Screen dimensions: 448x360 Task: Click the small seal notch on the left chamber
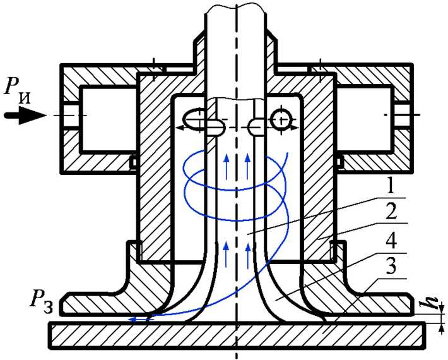click(x=133, y=162)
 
